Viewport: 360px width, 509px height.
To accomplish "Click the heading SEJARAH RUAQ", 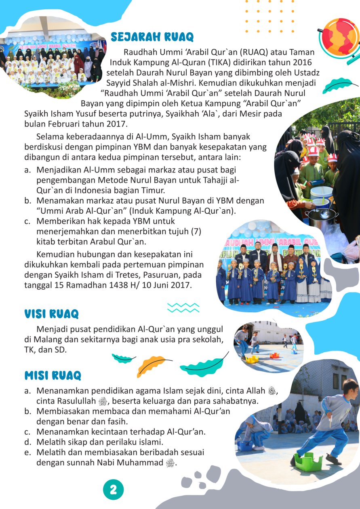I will [x=152, y=37].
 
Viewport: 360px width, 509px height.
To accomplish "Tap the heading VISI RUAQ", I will [x=51, y=314].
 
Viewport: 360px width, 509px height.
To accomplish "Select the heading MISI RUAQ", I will [x=53, y=375].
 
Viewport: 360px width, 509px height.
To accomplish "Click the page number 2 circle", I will [x=114, y=490].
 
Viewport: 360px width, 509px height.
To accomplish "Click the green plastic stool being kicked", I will [x=308, y=462].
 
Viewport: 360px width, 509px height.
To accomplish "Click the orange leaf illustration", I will [x=151, y=365].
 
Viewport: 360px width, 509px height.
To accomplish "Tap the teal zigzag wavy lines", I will [x=183, y=308].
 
